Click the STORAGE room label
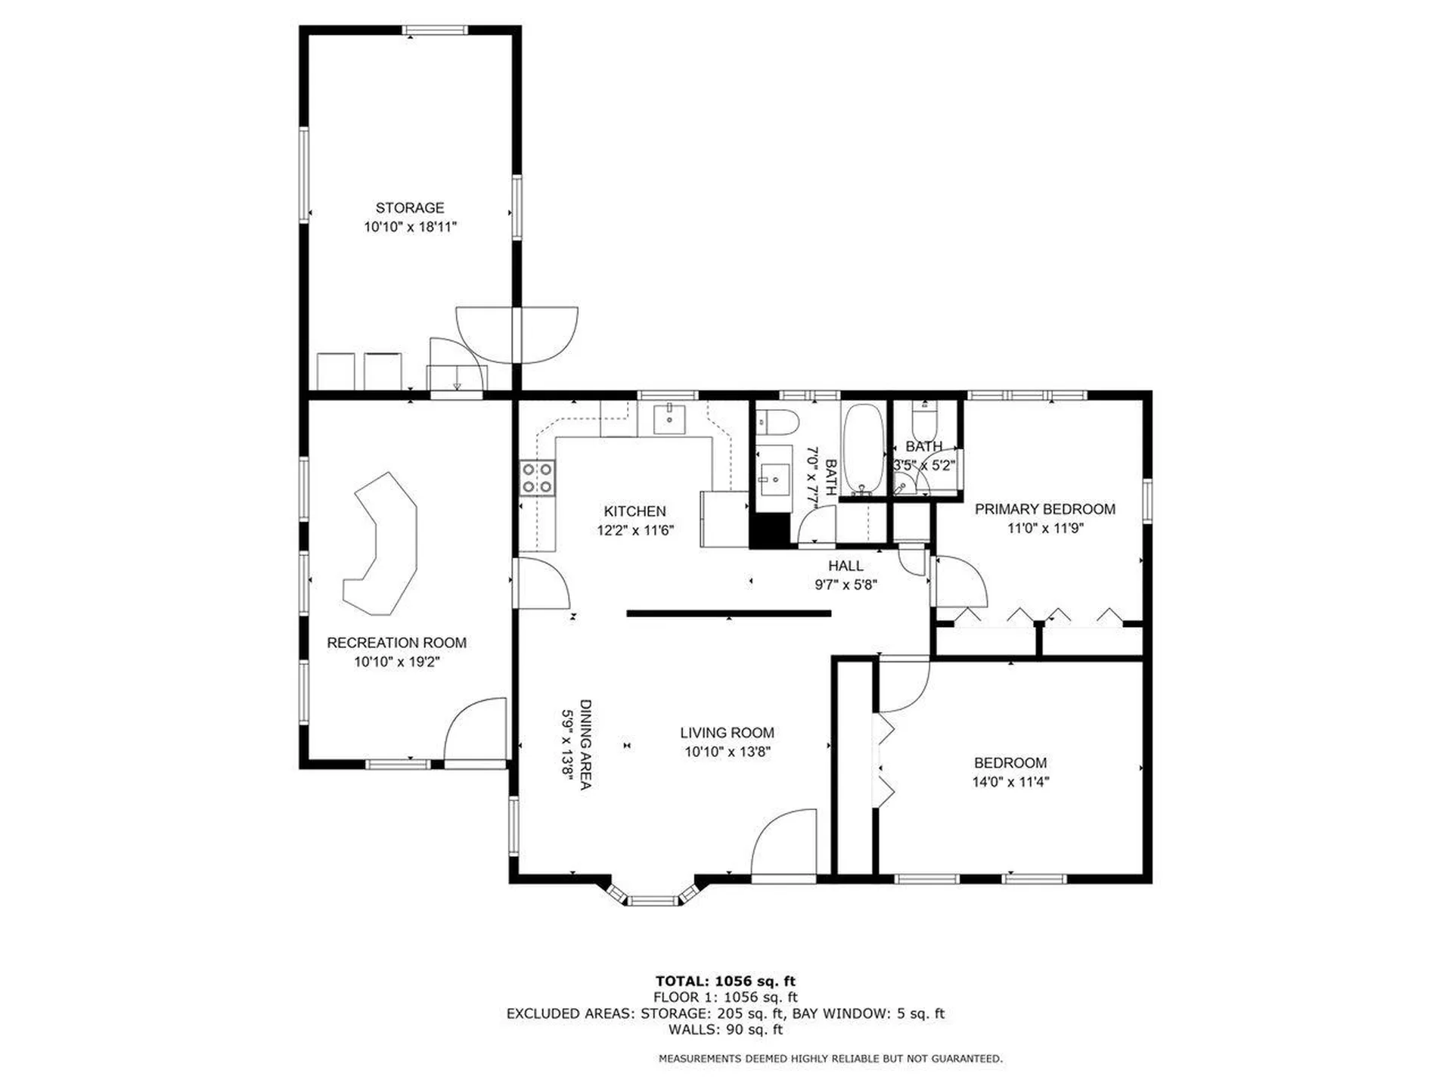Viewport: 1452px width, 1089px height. coord(410,207)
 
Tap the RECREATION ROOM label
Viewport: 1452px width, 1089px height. coord(396,643)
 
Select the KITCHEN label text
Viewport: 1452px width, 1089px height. coord(634,511)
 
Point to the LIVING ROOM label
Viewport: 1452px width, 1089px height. coord(727,732)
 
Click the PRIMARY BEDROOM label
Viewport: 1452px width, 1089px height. coord(1045,509)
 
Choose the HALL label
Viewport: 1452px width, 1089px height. coord(845,566)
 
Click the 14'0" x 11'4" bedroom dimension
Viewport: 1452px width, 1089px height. coord(1010,782)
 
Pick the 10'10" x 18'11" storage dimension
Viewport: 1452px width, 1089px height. coord(410,227)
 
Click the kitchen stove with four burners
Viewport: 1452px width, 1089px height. coord(536,477)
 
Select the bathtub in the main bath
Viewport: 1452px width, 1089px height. coord(863,449)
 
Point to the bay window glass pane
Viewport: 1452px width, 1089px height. coord(653,900)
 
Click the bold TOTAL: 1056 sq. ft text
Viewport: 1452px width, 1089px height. coord(725,982)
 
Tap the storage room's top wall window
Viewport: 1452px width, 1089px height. coord(434,30)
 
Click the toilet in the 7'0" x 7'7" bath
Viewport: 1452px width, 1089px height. coord(777,420)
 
